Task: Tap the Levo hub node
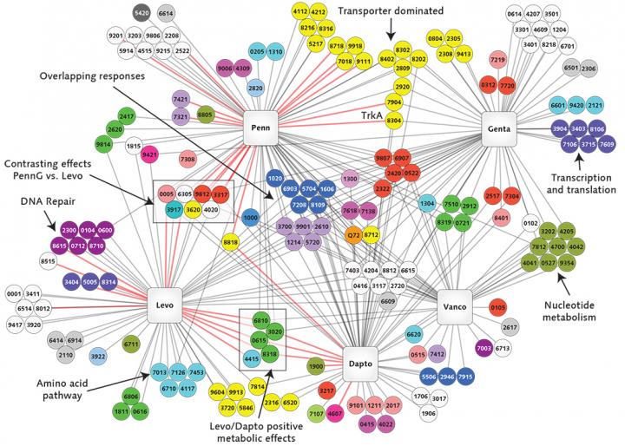[166, 306]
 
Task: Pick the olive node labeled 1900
[316, 365]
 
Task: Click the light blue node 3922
[98, 355]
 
